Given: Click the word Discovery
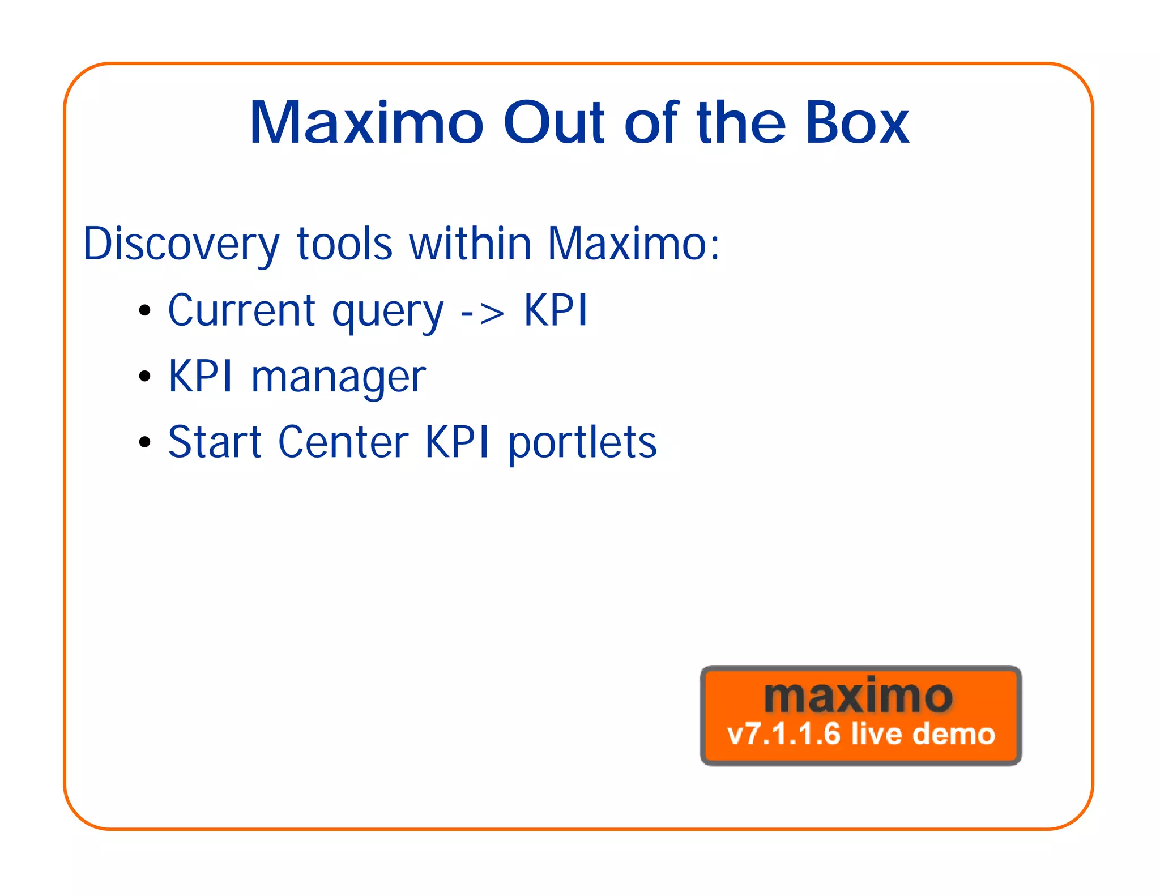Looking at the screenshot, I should coord(181,245).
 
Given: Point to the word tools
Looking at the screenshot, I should coord(344,244).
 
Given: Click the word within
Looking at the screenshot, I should coord(470,244).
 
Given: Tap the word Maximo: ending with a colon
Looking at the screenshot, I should coord(633,244).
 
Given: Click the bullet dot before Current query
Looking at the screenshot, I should coord(145,310).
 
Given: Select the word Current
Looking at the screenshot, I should coord(242,310).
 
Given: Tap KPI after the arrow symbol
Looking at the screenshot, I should coord(556,310).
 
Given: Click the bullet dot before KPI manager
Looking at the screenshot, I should coord(145,376).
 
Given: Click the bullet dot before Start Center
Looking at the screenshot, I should coord(145,442).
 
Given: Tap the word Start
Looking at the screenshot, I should coord(215,442).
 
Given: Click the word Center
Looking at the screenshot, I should coord(343,442).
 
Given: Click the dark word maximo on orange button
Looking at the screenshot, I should coord(858,697).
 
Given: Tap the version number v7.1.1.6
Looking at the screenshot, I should coord(783,734).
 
